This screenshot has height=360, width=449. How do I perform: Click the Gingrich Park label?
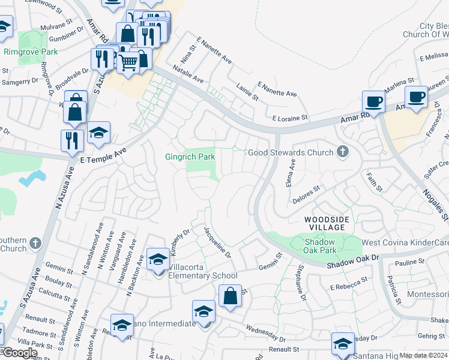190,157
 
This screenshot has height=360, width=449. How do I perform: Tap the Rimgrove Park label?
31,52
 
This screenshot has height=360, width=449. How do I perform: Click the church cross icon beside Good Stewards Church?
343,152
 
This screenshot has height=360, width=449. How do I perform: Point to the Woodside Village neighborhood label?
325,223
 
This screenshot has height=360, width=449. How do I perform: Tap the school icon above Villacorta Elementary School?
158,259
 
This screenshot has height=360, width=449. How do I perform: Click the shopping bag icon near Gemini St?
230,296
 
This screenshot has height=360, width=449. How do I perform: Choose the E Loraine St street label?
290,118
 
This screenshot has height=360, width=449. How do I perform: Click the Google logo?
20,353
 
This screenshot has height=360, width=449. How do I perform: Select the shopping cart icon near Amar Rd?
128,61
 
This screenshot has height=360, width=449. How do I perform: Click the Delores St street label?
307,194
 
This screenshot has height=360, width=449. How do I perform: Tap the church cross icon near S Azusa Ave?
35,243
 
